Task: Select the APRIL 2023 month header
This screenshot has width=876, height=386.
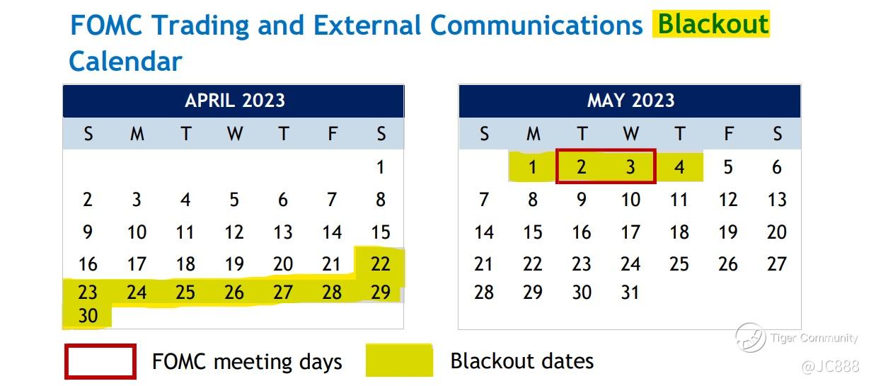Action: click(x=235, y=101)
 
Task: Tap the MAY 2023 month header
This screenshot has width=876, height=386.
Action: click(x=630, y=101)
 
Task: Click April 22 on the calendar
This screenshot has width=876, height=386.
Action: click(x=381, y=264)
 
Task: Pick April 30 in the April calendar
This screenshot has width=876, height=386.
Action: click(x=88, y=316)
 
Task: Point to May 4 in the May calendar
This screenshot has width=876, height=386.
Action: click(x=679, y=167)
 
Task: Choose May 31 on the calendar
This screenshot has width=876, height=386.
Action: click(x=630, y=293)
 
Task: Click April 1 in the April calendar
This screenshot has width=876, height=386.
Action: click(x=381, y=167)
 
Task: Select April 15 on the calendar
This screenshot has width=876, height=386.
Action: click(x=381, y=232)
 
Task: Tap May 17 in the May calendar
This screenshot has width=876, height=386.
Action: click(x=630, y=232)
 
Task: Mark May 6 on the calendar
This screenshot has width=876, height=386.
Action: click(x=777, y=167)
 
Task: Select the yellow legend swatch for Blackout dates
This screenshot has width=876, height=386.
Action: click(x=399, y=361)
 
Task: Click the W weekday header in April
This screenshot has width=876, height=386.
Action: click(x=235, y=134)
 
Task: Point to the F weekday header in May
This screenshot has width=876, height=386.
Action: click(x=728, y=134)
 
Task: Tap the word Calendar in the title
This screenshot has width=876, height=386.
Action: click(x=125, y=62)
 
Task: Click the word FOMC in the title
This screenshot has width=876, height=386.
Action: click(x=106, y=25)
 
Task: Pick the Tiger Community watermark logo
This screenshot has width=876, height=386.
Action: click(x=750, y=337)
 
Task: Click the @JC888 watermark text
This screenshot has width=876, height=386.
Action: click(x=830, y=366)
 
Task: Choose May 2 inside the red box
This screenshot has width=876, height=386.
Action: click(x=581, y=167)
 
